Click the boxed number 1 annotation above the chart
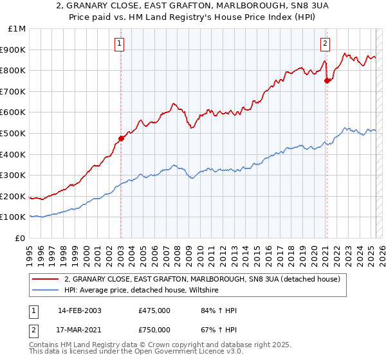120,44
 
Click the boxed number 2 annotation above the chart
325,44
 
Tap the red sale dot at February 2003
121,138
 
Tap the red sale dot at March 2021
327,80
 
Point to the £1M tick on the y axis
17,29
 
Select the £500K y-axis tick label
14,133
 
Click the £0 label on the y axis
21,238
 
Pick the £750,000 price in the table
154,330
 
